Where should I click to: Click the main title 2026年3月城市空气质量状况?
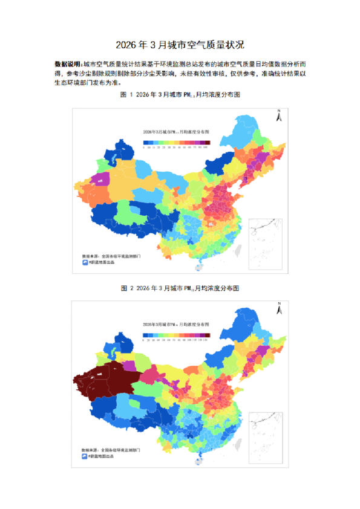point(180,45)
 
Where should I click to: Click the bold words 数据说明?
point(67,63)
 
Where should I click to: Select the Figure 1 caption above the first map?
point(180,96)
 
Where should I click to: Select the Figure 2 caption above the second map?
point(180,288)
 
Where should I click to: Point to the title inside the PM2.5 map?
point(175,131)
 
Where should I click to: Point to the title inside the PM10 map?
point(175,325)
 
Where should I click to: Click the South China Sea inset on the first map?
point(266,242)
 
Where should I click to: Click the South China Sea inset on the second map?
point(266,435)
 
